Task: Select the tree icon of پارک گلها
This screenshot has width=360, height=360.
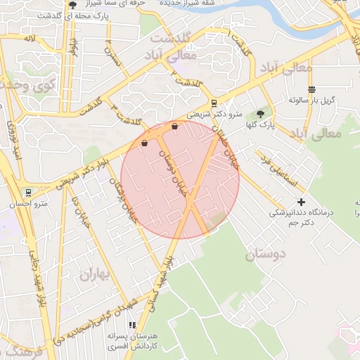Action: click(261, 113)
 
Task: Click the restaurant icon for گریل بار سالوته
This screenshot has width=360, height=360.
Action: click(311, 89)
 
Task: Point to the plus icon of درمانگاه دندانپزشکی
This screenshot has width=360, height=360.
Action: click(302, 202)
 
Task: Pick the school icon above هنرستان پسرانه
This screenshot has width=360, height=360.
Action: click(131, 325)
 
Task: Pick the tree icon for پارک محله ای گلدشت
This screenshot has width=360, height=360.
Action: click(73, 6)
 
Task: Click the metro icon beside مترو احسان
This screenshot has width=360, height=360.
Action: click(27, 192)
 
